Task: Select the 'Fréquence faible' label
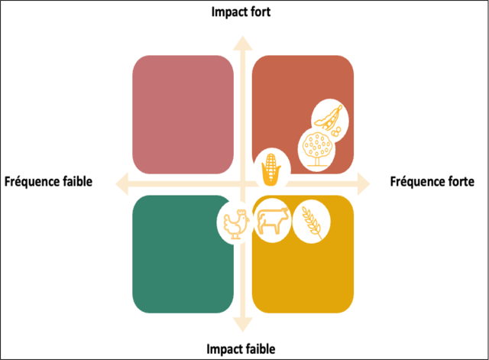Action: pyautogui.click(x=48, y=182)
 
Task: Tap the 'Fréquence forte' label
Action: pyautogui.click(x=432, y=182)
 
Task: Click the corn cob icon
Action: pyautogui.click(x=270, y=167)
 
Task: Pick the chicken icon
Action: pyautogui.click(x=234, y=223)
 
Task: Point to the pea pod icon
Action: pyautogui.click(x=329, y=118)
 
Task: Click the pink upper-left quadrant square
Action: pyautogui.click(x=183, y=115)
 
